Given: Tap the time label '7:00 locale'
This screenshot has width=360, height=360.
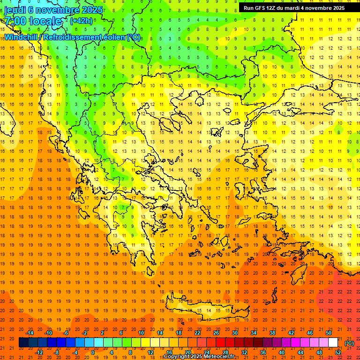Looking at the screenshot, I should coord(33,21).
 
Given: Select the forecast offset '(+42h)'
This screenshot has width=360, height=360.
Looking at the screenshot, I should coord(81,21).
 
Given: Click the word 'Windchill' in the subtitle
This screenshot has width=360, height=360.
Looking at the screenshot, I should coord(22,37).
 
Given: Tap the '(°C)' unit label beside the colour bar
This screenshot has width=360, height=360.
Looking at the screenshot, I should coord(349,343).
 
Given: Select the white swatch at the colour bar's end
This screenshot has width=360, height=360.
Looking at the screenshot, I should coord(333,343).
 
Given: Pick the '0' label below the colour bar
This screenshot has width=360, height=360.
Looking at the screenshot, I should coord(93,352).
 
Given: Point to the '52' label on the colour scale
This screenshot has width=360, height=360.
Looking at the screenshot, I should coord(338,352).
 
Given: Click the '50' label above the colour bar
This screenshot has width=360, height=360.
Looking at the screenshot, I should coord(328,333).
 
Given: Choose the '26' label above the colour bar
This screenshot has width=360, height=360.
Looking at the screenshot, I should coord(216,333).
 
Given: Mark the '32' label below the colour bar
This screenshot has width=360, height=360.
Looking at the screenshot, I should coord(244,352).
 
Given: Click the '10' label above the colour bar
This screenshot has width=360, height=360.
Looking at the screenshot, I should coord(141,333).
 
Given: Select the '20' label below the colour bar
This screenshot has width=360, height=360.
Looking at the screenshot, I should coord(187,352).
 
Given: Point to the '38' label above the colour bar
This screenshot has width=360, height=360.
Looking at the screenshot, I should coord(272,333).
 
